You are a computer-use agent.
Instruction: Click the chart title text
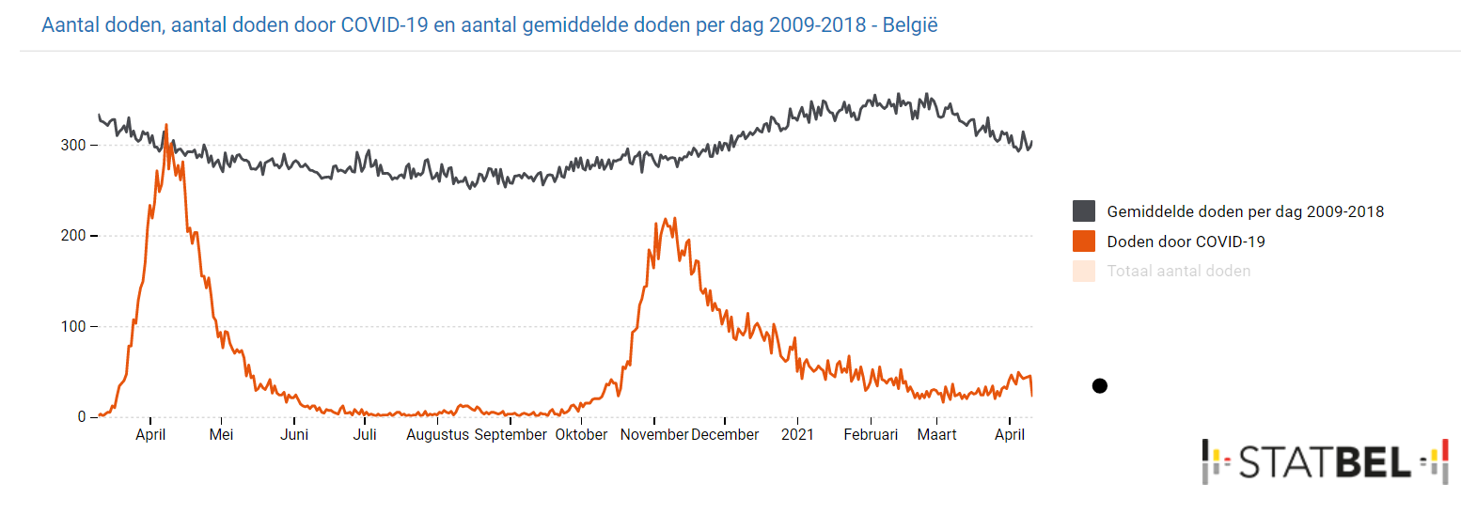[x=489, y=25]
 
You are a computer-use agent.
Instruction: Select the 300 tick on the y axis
[x=74, y=146]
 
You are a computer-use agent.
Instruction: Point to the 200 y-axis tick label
[x=74, y=236]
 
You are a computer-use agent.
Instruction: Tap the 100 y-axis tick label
[x=74, y=327]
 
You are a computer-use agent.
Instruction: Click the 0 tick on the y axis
[x=82, y=417]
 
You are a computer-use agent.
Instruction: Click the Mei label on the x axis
[x=221, y=435]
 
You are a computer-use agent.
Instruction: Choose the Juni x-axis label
[x=294, y=435]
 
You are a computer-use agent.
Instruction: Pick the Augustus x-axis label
[x=438, y=435]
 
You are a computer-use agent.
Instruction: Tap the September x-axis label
[x=511, y=435]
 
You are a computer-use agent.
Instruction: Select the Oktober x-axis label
[x=581, y=435]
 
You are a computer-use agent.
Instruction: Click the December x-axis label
[x=725, y=435]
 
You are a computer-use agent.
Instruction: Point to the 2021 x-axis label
[x=797, y=435]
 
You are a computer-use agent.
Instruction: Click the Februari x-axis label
[x=871, y=435]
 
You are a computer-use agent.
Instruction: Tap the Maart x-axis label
[x=936, y=435]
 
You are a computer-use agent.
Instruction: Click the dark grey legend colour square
[x=1084, y=211]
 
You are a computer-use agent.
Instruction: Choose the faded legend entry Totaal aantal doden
[x=1178, y=272]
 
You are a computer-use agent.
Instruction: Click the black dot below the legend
[x=1100, y=385]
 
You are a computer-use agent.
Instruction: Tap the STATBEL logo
[x=1325, y=461]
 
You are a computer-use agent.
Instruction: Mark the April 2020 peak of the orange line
[x=166, y=124]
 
